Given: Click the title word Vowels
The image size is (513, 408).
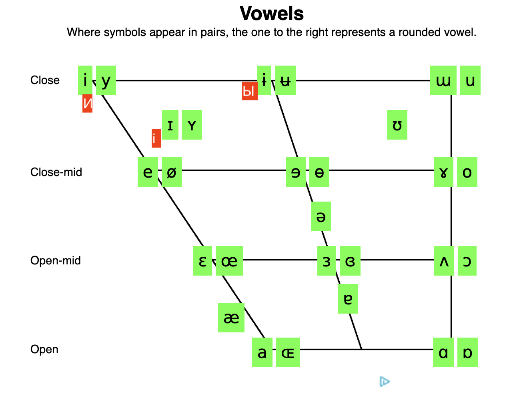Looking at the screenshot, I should (272, 14).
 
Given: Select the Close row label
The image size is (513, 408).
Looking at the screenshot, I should (45, 80).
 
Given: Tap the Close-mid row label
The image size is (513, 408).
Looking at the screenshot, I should (56, 172).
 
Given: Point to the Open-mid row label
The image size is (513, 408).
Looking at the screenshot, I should (56, 261).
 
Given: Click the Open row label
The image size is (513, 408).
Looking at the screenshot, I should (44, 350).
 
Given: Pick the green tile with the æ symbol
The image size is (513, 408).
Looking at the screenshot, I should (231, 318).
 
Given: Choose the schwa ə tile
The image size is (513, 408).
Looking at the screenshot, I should (321, 216).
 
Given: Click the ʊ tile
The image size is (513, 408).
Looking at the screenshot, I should (397, 125).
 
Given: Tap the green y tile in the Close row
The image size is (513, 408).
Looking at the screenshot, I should (106, 80).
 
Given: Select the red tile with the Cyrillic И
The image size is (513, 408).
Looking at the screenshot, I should (87, 104).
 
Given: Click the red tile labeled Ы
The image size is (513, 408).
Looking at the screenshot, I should (249, 92).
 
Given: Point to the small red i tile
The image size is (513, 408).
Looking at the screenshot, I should (156, 138).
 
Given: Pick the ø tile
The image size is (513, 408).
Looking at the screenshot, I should (172, 172).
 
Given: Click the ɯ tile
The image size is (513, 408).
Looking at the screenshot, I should (443, 80).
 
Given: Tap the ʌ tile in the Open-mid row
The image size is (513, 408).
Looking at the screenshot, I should (444, 261).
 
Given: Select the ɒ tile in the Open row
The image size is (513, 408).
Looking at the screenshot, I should (467, 352).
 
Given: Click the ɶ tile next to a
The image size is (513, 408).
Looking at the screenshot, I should (288, 352).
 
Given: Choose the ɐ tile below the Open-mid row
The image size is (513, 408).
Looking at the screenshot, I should (348, 299).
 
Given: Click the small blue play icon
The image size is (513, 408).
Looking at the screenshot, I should (385, 382).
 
